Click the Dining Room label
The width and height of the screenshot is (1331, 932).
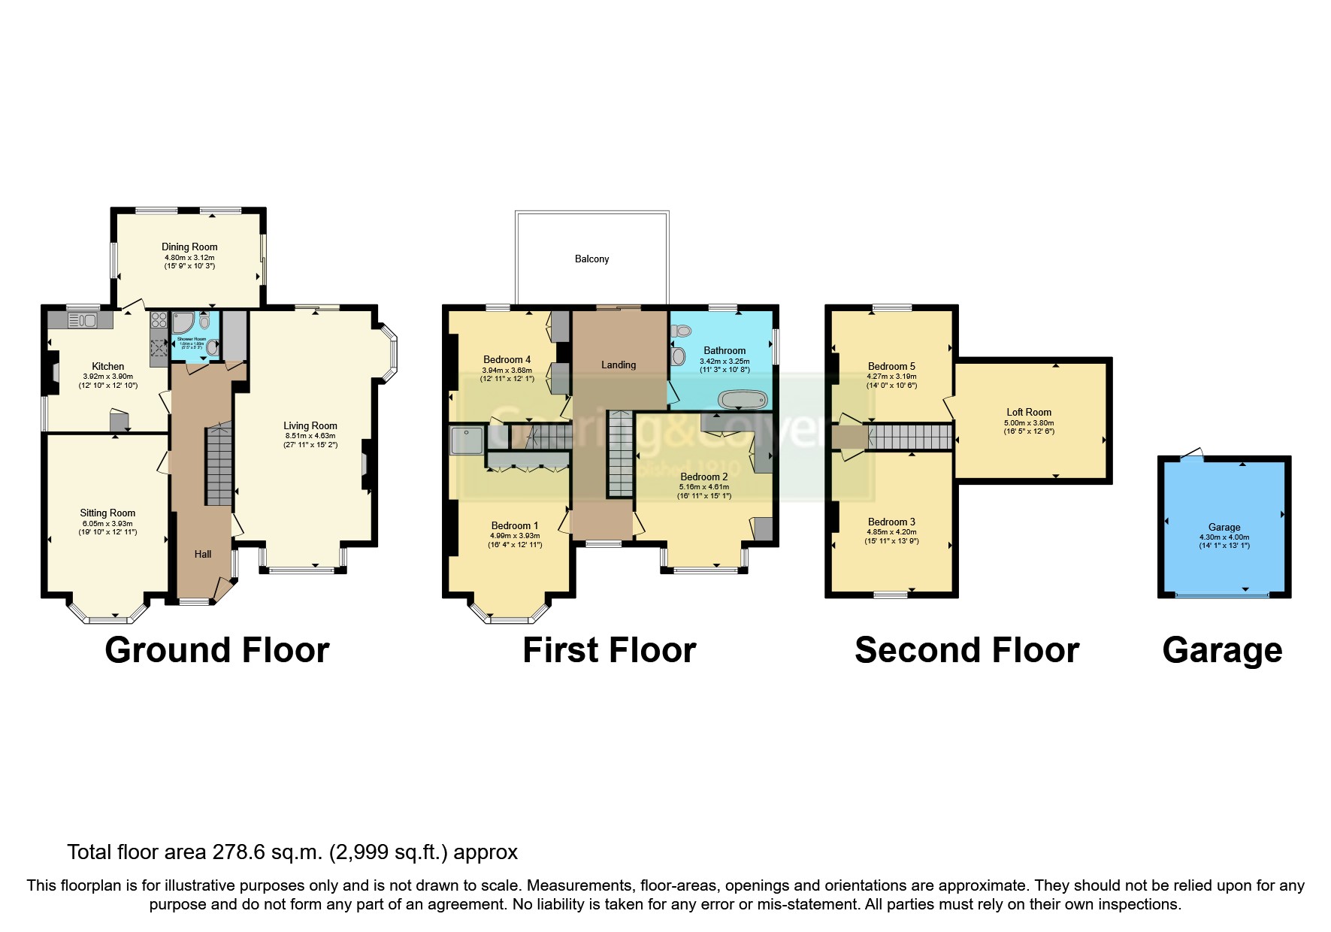click(189, 247)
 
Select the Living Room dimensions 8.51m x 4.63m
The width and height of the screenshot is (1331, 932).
click(310, 435)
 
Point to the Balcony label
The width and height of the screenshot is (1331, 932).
click(591, 259)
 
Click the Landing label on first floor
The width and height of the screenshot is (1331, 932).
click(618, 365)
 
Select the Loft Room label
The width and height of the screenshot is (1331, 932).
click(1028, 412)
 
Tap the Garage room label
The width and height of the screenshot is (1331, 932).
click(1224, 527)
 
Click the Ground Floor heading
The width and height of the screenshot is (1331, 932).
click(216, 650)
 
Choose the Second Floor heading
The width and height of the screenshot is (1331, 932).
click(966, 650)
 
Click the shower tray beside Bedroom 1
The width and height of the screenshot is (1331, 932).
click(467, 440)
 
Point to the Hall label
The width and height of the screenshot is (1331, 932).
click(202, 554)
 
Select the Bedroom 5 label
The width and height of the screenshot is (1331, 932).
click(891, 366)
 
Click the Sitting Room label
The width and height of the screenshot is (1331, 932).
click(107, 513)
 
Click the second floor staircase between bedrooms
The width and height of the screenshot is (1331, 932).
click(909, 437)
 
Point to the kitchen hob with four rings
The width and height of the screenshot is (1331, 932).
click(159, 319)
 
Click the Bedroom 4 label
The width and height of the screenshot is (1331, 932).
click(507, 359)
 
